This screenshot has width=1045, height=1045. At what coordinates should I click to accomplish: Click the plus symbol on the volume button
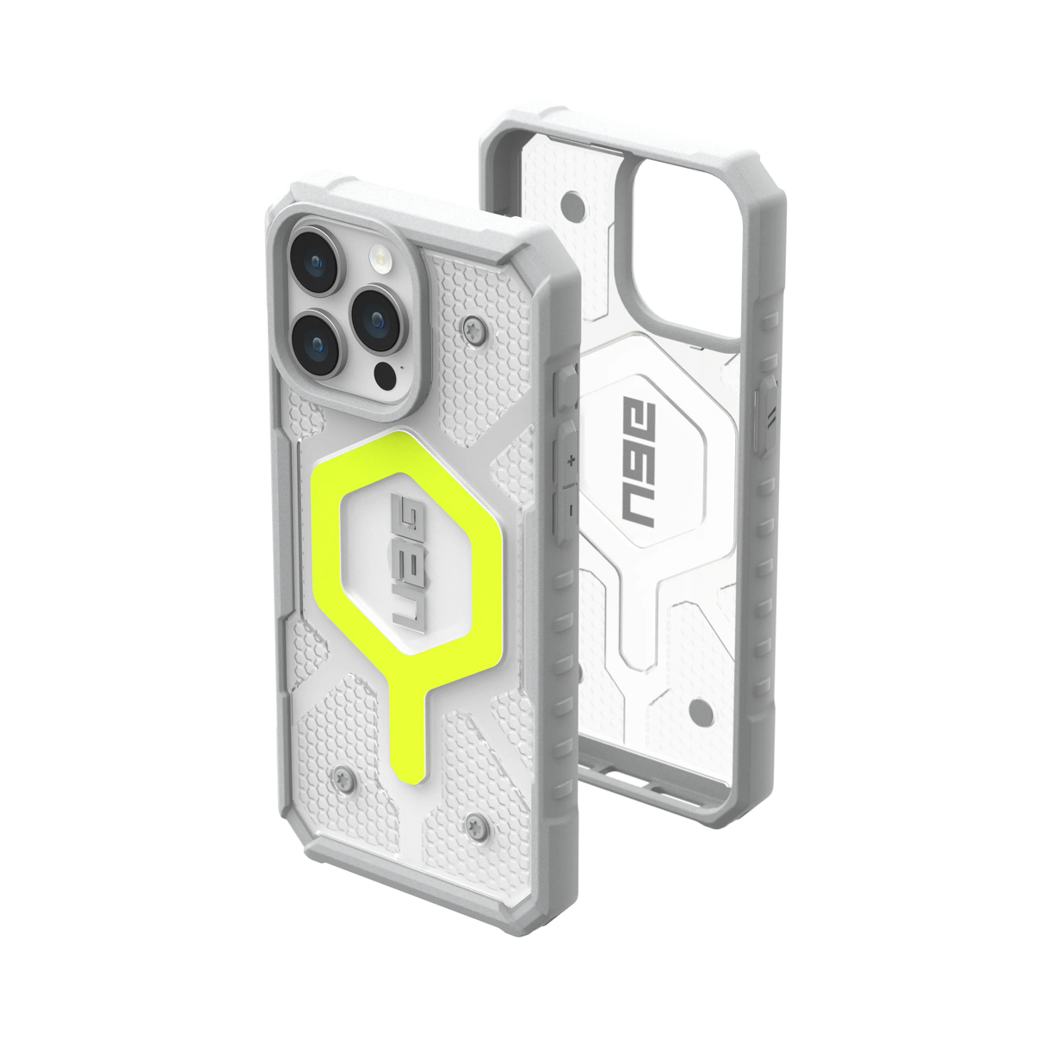(x=569, y=464)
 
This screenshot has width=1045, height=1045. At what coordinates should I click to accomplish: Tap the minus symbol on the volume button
(x=569, y=510)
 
